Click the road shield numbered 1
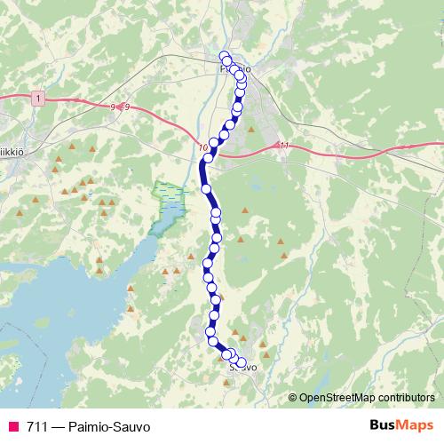[36, 97]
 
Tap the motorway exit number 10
[204, 147]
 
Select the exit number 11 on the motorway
[283, 145]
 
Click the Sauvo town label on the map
[242, 367]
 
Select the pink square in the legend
[13, 425]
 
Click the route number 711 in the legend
[36, 425]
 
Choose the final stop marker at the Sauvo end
[241, 362]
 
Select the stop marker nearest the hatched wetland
[207, 189]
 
